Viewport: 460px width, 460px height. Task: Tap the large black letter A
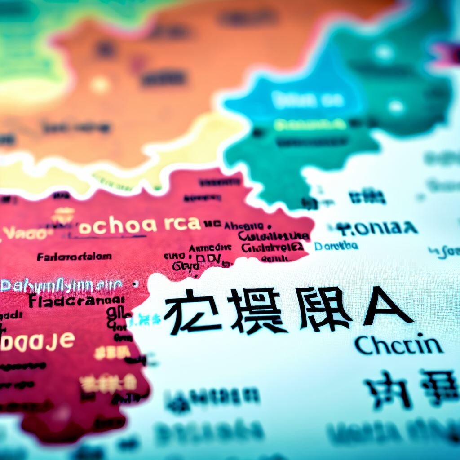point(387,306)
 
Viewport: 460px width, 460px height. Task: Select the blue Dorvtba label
point(336,246)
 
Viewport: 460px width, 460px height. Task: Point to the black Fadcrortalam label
point(75,257)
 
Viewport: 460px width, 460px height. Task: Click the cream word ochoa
point(117,226)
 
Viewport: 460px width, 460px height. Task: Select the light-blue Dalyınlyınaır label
point(61,285)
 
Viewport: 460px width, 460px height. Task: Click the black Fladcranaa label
point(76,301)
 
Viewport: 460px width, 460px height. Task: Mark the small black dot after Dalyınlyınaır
point(136,284)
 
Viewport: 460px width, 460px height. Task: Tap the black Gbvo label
point(186,266)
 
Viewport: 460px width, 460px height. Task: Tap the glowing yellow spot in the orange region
point(100,84)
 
